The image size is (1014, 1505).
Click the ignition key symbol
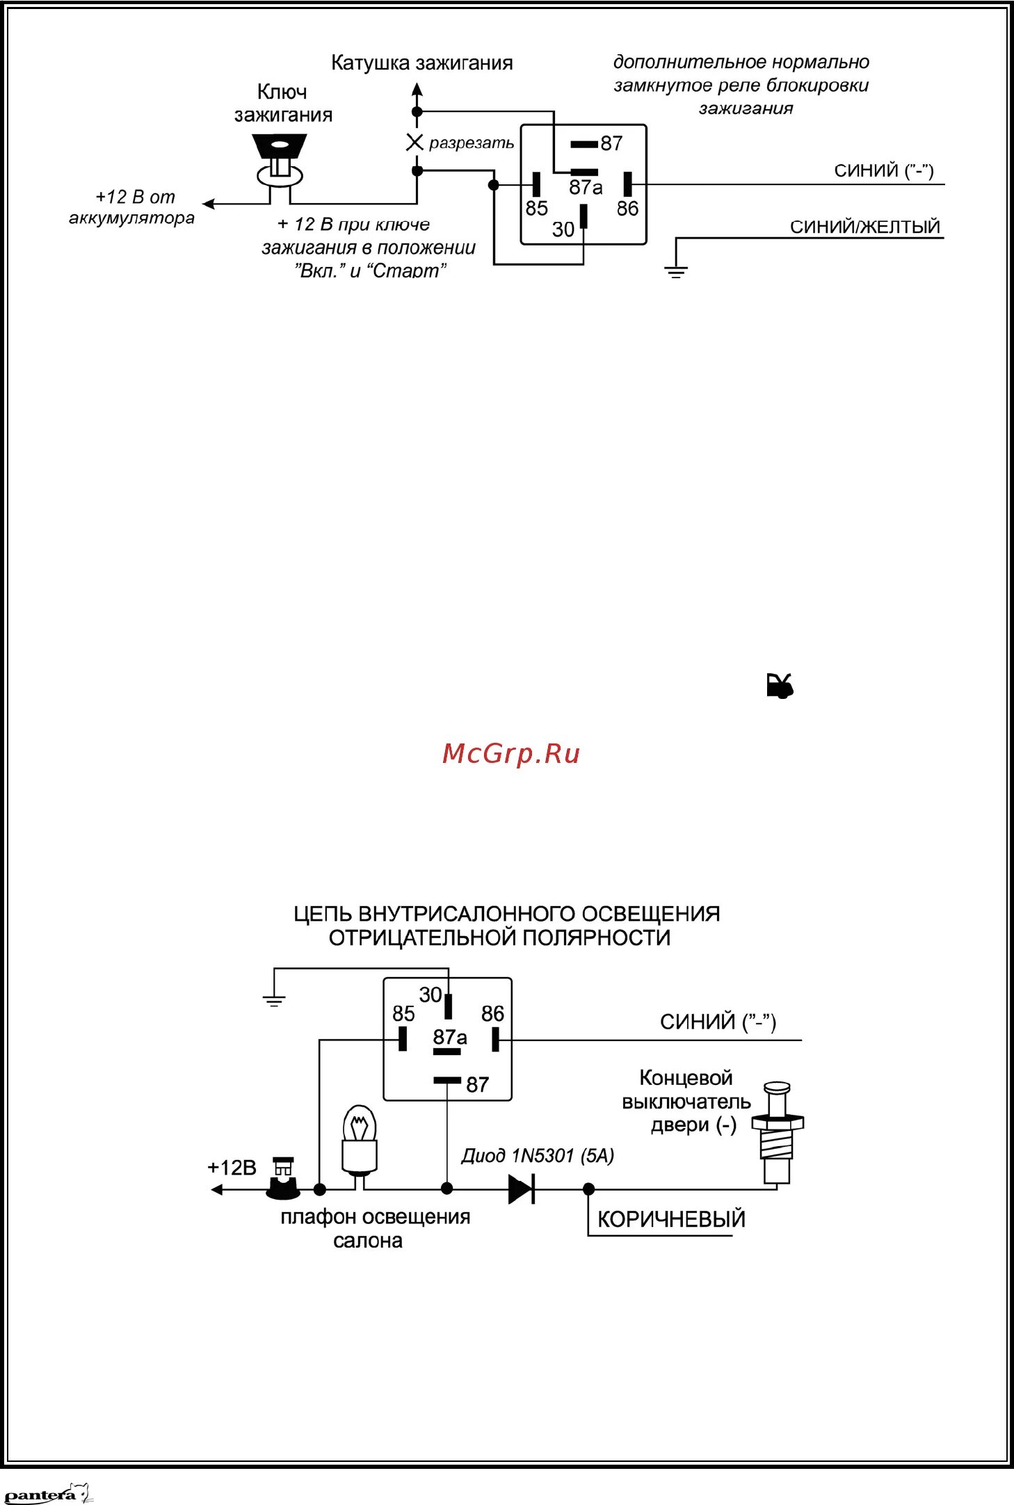pos(280,161)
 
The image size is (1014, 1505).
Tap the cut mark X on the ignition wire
pos(415,143)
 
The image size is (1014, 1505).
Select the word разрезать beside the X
pos(471,143)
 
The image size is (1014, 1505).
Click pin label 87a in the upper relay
pos(586,187)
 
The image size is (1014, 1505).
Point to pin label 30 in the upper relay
pos(563,229)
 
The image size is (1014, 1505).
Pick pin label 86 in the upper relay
pos(627,208)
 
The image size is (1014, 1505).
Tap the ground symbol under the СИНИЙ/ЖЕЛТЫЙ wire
pos(675,271)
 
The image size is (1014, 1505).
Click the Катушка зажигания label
pos(421,63)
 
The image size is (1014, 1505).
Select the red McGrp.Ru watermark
pos(511,754)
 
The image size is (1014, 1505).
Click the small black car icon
pos(780,686)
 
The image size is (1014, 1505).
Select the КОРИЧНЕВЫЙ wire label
pos(671,1219)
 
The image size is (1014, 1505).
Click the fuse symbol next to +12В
pos(283,1180)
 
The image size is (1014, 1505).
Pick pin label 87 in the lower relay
pos(477,1084)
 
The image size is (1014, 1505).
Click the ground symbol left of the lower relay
pos(275,1001)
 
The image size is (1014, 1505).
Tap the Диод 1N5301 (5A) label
pos(538,1156)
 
